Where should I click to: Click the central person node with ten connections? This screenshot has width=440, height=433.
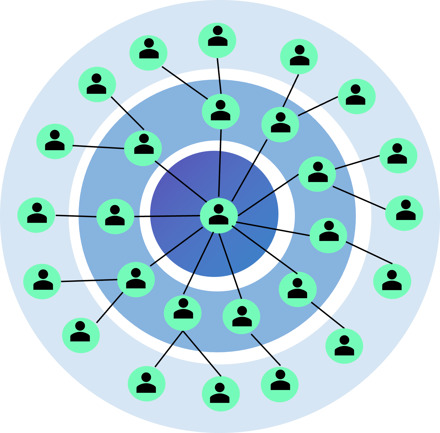[219, 215]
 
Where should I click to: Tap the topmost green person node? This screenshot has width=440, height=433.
[217, 40]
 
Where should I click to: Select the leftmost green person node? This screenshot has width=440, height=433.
[36, 215]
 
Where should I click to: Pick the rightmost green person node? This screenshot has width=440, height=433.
[404, 213]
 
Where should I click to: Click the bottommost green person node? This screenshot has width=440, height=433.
[221, 394]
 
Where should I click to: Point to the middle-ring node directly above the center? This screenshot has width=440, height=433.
[221, 111]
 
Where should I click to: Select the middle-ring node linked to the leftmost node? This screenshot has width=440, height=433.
[115, 216]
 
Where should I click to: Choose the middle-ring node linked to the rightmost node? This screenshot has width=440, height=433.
[317, 174]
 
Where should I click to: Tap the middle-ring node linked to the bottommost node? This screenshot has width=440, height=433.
[183, 313]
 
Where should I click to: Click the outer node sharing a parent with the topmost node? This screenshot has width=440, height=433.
[148, 53]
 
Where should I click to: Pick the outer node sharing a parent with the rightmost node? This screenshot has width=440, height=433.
[398, 156]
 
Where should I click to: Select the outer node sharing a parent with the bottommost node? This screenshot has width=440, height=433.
[147, 384]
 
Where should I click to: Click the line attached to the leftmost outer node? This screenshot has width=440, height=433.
[75, 216]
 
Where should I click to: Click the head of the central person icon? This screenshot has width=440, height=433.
[219, 209]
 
